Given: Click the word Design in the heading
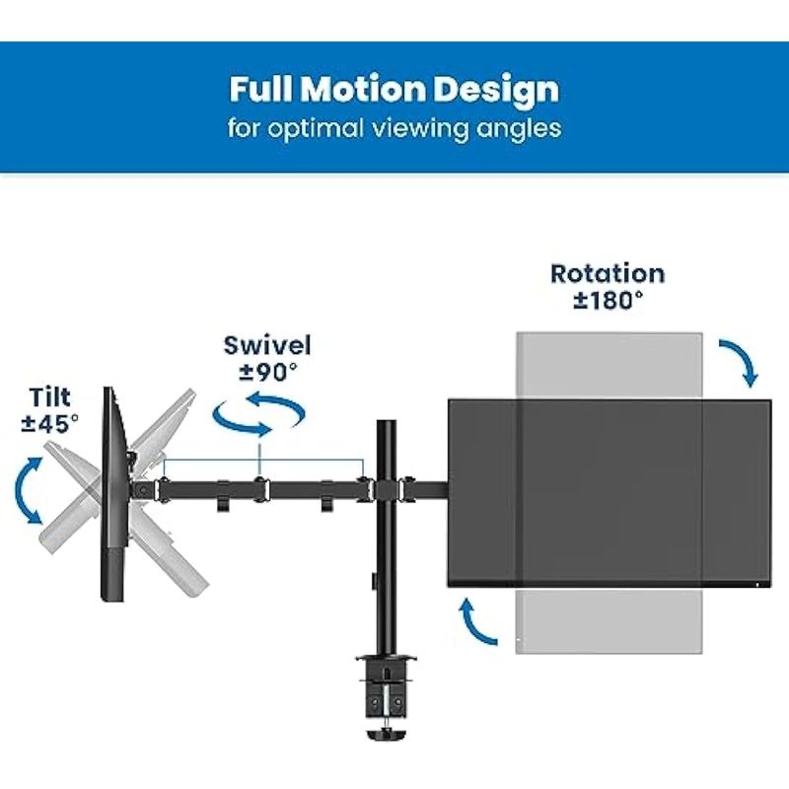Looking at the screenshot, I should [503, 90].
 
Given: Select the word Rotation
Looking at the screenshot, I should [608, 273].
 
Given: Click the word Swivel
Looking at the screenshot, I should [267, 345].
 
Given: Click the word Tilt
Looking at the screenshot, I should [51, 399].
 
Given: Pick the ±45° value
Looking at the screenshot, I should [51, 423].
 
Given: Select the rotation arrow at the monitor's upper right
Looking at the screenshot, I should [739, 363].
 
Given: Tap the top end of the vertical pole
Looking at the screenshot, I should [385, 424].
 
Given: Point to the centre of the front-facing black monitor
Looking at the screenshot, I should [608, 493].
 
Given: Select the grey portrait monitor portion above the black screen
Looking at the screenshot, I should [610, 365].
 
